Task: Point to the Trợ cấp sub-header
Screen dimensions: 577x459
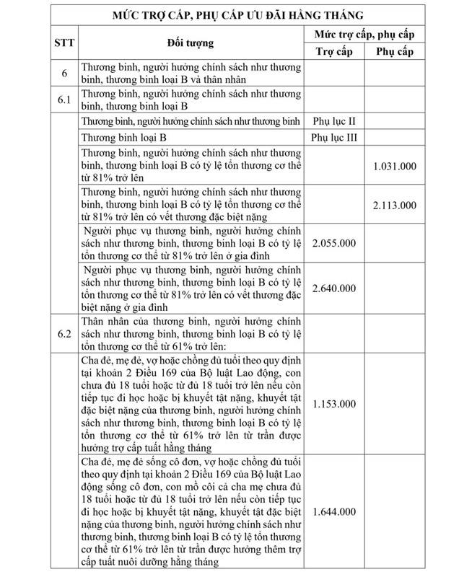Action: coord(334,52)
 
